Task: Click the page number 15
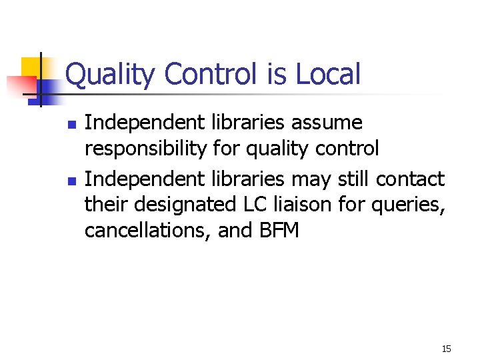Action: coord(446,349)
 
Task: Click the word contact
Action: coord(410,179)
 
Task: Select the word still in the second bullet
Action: coord(353,179)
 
